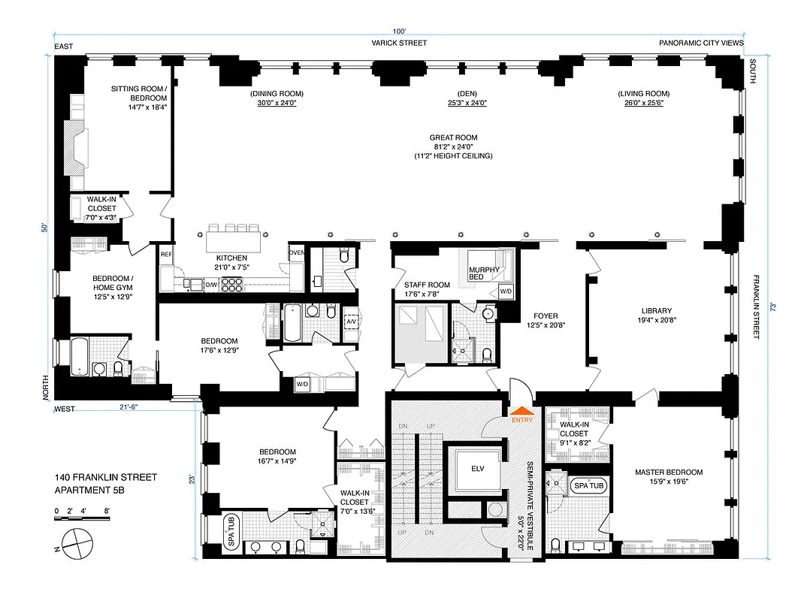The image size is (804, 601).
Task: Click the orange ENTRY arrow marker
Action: [x=521, y=412]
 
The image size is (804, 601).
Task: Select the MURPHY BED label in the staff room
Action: [x=484, y=274]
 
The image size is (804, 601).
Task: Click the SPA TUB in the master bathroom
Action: [x=588, y=486]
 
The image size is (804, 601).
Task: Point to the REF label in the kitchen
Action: [x=167, y=255]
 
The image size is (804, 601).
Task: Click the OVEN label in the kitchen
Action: [x=297, y=252]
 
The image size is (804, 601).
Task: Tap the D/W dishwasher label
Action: [x=213, y=285]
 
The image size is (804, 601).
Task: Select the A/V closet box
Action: [x=350, y=321]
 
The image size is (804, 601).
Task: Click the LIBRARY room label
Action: [x=656, y=311]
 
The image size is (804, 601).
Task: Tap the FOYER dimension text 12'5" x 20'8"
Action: [x=546, y=325]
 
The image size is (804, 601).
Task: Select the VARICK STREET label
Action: [x=399, y=43]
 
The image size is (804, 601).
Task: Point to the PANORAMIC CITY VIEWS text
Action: [x=701, y=43]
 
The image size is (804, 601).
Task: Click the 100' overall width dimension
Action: [x=398, y=31]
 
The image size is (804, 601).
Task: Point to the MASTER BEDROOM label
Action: [x=669, y=472]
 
